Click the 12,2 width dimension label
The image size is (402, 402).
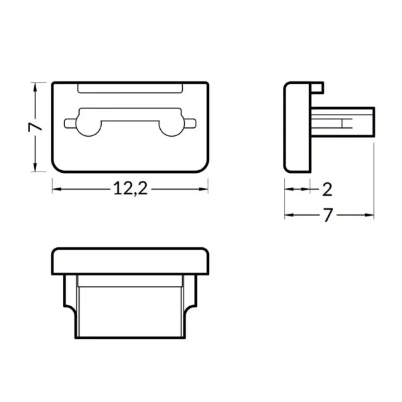tap(130, 189)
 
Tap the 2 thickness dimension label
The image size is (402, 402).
tap(327, 189)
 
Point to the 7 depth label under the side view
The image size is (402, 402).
tap(328, 215)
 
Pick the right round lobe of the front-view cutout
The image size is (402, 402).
tap(171, 125)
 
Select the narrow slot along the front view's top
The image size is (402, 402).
tap(130, 88)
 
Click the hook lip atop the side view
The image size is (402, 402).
tap(318, 87)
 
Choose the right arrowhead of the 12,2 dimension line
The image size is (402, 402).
tap(204, 190)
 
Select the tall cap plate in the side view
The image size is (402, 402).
tap(297, 125)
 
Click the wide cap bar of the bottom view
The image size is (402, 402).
tap(130, 261)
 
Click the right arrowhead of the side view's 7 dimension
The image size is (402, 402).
tap(370, 216)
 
